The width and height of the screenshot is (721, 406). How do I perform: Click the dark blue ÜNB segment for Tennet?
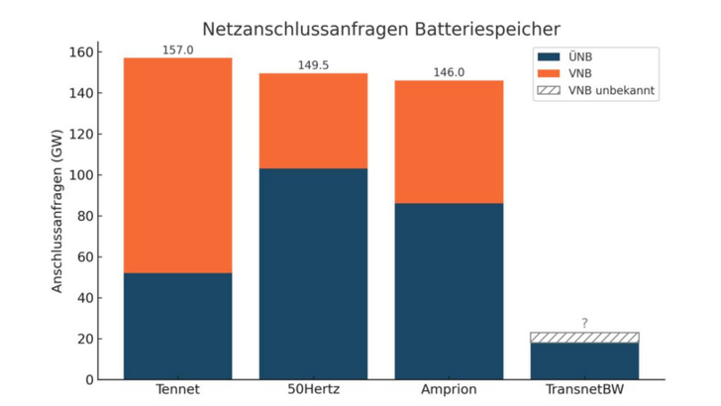pos(178,326)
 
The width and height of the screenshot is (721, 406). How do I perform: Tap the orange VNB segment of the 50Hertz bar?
pos(313,121)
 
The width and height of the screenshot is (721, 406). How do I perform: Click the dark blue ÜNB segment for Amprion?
pos(449,291)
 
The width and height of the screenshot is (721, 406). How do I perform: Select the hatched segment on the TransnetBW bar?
pos(584,338)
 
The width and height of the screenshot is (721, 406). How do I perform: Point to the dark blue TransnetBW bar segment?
pos(584,361)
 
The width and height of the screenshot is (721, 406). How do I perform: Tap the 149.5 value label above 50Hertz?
pos(313,64)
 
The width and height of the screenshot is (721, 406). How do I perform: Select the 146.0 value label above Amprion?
pos(449,71)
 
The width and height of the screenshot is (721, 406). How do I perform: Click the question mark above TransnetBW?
pos(584,323)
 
